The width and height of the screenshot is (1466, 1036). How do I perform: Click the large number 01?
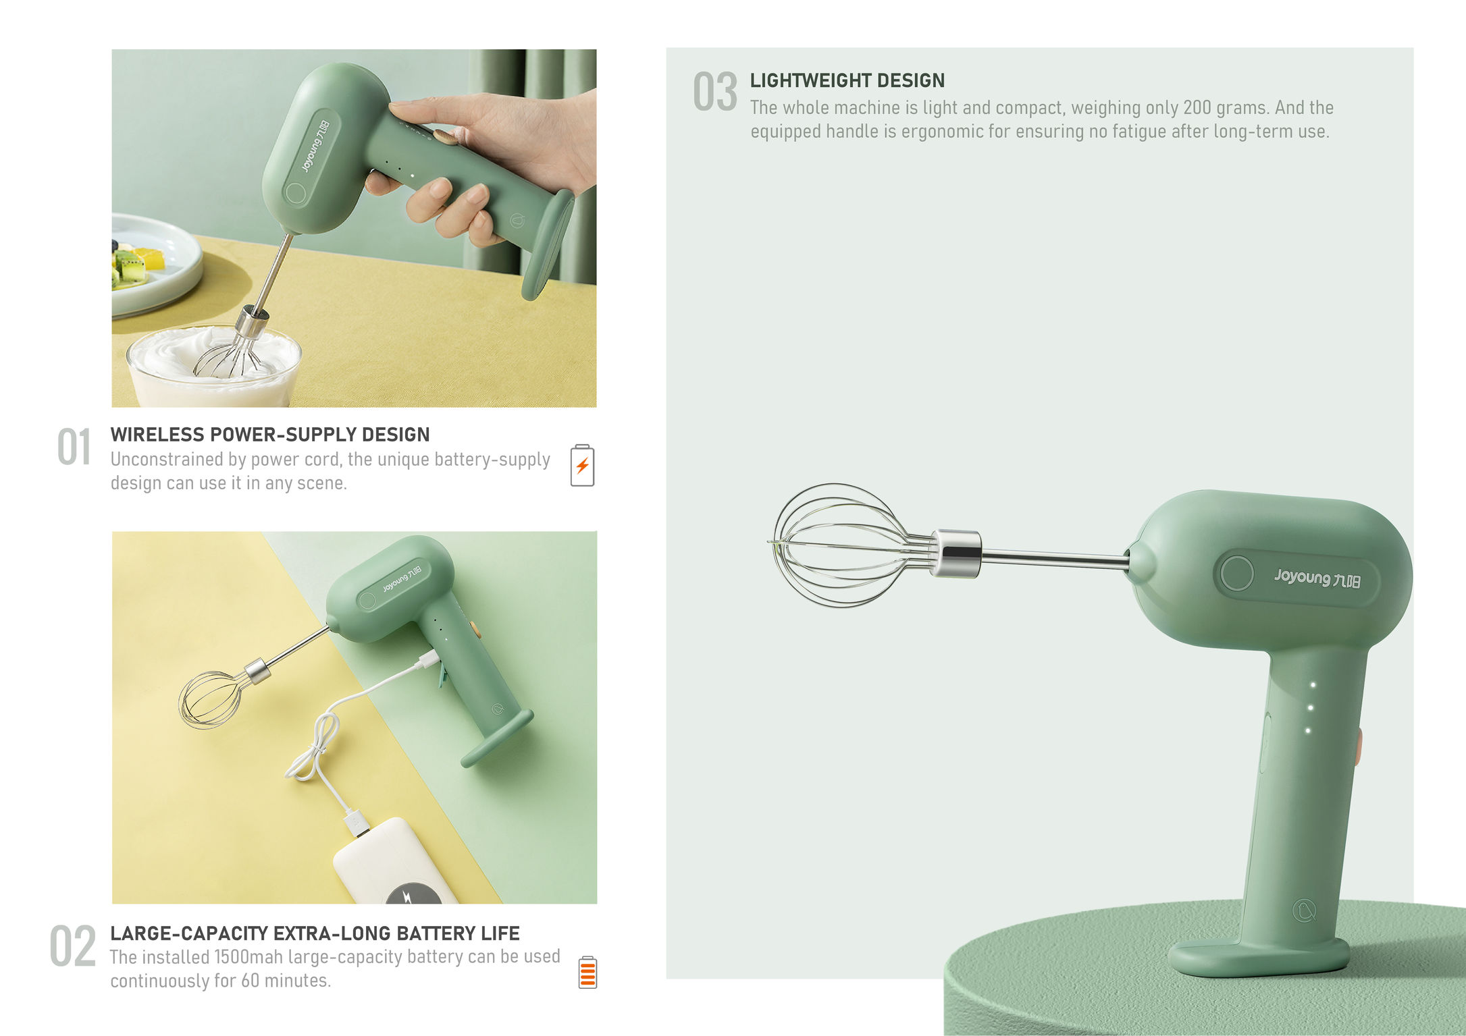74,447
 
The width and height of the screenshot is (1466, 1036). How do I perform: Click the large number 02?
72,946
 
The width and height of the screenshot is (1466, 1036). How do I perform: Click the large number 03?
714,92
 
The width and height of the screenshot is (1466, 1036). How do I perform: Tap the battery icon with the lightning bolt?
582,465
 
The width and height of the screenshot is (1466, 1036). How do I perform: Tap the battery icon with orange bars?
587,973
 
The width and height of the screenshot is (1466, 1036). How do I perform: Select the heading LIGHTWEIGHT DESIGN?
847,80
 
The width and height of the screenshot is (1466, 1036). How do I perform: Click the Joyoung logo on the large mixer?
1316,578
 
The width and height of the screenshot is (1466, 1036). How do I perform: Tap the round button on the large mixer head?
1236,574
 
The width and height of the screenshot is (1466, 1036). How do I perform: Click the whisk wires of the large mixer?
837,545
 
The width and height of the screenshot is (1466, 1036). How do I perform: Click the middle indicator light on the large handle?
1310,708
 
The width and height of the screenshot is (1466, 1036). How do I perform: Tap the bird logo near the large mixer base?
1304,910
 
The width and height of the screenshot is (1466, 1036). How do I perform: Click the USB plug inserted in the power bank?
356,824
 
